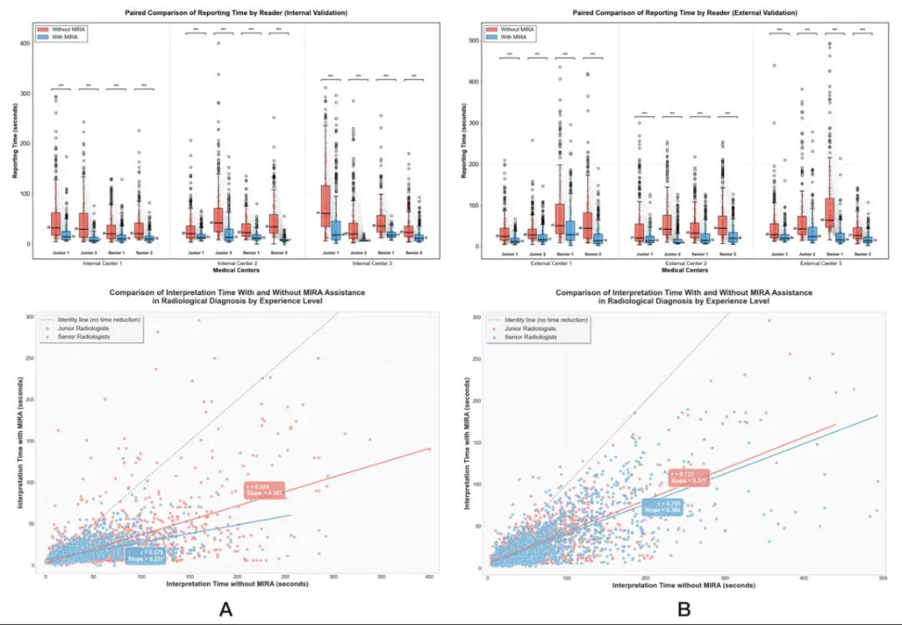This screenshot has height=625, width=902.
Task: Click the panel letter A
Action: click(225, 609)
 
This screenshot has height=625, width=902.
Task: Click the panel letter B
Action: click(684, 609)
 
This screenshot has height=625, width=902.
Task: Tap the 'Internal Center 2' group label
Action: click(237, 263)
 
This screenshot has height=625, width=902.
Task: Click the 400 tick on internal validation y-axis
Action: click(24, 43)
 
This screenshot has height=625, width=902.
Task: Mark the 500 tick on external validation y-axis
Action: click(472, 40)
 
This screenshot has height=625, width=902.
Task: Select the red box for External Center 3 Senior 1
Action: click(829, 213)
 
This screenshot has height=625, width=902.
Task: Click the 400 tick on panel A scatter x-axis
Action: click(429, 577)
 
